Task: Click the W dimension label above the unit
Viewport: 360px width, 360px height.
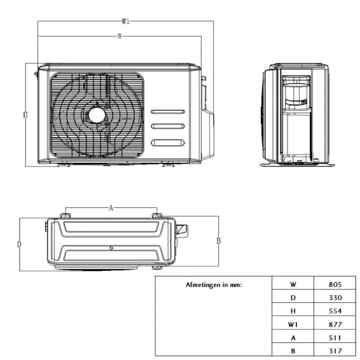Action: [120, 36]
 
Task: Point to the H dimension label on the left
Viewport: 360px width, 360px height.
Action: [25, 115]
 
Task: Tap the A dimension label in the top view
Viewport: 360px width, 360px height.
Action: [111, 208]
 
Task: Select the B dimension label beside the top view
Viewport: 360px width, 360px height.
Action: [218, 241]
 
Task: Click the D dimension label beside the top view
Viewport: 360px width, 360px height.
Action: [19, 244]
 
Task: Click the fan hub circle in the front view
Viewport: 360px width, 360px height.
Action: [97, 114]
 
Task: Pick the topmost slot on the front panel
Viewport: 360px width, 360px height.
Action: [168, 112]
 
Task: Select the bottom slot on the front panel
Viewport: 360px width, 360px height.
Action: [168, 142]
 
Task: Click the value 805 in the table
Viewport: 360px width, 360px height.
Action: [335, 285]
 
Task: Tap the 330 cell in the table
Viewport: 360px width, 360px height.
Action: [335, 298]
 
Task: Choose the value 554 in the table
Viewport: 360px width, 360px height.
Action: [335, 311]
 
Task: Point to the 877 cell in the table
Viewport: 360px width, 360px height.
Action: [335, 325]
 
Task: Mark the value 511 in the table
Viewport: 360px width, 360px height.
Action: [335, 338]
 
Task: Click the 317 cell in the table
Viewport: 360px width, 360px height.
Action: [335, 351]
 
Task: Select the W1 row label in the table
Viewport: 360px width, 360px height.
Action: [293, 325]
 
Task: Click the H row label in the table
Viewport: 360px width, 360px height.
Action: [293, 311]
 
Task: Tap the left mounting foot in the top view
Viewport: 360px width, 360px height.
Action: [65, 215]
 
